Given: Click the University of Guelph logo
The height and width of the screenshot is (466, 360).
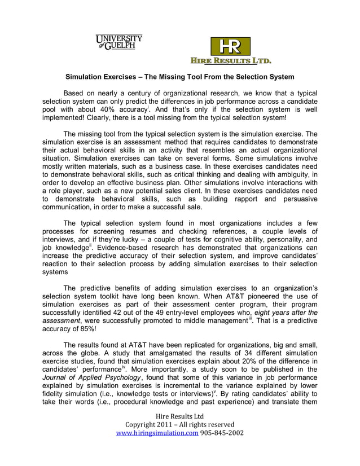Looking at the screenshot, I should coord(118,42).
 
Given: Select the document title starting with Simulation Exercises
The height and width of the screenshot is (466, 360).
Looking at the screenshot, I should coord(180,76).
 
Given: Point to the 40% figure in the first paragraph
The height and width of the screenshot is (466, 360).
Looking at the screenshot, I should coord(110,109).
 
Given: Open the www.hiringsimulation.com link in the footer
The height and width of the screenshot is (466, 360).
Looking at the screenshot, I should coord(156,433).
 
